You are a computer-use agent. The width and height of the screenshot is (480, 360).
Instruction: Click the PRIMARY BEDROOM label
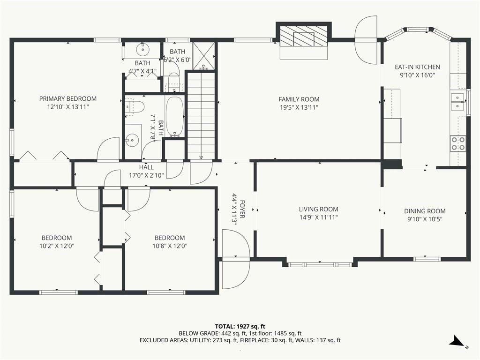(x=68, y=98)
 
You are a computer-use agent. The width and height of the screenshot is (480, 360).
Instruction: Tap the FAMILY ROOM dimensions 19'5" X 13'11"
(x=299, y=107)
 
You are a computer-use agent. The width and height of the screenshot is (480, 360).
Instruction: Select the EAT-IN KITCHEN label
(x=417, y=67)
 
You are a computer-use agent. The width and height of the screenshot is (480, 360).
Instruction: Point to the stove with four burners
(x=458, y=143)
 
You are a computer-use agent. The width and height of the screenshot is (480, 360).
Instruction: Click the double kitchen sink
(x=458, y=102)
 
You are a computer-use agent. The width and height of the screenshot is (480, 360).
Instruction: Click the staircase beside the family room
(x=201, y=116)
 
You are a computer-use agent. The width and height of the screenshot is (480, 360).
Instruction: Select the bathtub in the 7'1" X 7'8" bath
(x=174, y=116)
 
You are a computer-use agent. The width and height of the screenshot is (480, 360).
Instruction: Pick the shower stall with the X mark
(x=203, y=56)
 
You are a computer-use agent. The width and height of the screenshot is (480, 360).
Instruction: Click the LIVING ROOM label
(x=319, y=210)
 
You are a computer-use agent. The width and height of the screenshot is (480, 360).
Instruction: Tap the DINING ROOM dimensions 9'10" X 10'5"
(x=425, y=219)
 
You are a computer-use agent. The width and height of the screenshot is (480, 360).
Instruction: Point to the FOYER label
(x=242, y=210)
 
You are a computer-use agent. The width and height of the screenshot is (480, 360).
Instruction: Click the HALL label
(x=146, y=167)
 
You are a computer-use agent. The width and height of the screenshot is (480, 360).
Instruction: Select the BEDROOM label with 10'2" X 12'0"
(x=57, y=238)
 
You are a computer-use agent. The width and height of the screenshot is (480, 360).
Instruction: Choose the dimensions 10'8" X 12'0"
(x=170, y=246)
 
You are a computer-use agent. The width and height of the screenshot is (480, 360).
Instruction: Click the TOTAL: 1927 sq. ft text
(x=240, y=326)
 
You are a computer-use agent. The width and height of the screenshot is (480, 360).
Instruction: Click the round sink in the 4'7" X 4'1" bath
(x=142, y=49)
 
